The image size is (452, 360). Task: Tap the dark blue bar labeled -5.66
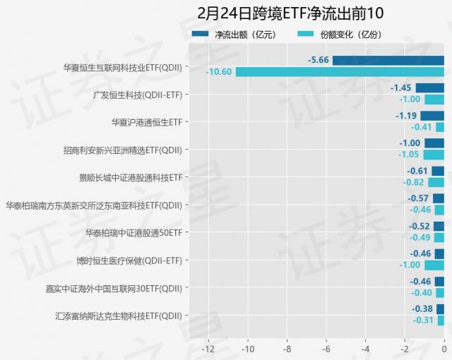388,60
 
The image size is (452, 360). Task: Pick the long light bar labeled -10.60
340,71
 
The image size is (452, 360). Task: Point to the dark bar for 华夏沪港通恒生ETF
432,116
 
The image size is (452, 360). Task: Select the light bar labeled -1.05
434,155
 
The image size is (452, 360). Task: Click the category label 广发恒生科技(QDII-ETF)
138,94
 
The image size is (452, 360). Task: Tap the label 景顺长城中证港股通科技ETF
131,177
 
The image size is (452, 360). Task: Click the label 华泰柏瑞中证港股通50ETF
133,232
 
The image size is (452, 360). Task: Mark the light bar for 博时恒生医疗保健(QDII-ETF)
434,265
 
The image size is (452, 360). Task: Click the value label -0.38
422,308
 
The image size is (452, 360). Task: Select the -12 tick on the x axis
208,348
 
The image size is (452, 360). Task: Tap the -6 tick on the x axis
326,348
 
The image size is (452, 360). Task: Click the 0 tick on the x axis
444,348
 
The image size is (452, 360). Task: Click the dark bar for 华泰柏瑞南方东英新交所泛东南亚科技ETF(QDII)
438,198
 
